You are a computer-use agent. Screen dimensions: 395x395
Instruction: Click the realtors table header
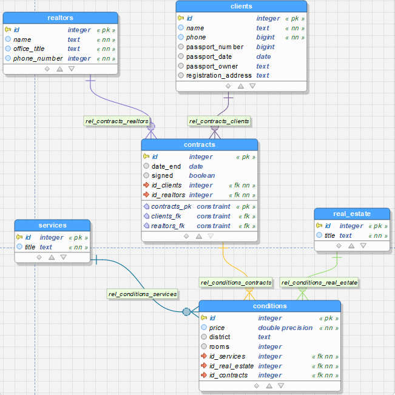[x=61, y=18]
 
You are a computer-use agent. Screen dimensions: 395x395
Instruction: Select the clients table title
[x=241, y=6]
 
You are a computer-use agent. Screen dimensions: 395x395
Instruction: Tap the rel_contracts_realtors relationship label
[x=116, y=121]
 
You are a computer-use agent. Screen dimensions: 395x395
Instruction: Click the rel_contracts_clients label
[x=219, y=121]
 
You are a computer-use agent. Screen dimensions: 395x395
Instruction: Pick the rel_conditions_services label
[x=143, y=294]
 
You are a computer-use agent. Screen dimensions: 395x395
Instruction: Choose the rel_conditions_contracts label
[x=236, y=283]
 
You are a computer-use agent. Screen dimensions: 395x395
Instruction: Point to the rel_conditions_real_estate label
[x=319, y=283]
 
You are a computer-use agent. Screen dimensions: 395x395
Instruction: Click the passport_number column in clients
[x=215, y=47]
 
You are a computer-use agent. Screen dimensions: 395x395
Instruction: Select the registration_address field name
[x=219, y=76]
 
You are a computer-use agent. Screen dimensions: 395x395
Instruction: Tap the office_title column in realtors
[x=29, y=49]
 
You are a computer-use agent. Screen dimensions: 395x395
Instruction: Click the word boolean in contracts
[x=202, y=175]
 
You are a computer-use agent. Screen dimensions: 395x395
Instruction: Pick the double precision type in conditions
[x=285, y=328]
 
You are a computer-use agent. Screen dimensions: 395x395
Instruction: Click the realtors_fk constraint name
[x=168, y=226]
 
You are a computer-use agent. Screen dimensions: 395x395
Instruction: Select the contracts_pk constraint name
[x=171, y=206]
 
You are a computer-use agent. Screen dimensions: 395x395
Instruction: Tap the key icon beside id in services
[x=19, y=237]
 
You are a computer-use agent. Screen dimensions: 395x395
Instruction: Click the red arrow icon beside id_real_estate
[x=204, y=365]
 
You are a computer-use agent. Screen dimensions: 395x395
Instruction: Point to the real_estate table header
[x=352, y=214]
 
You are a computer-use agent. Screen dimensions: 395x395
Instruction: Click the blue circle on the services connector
[x=186, y=312]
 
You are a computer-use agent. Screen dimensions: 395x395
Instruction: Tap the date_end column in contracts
[x=166, y=166]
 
